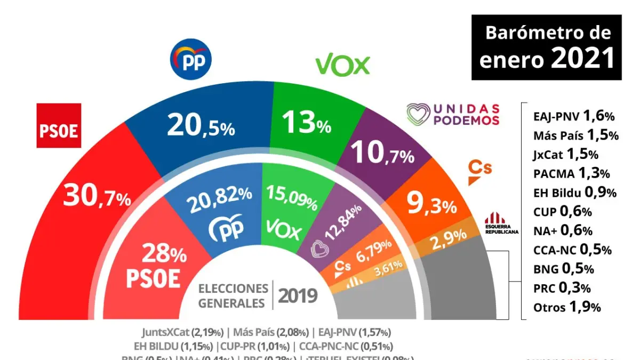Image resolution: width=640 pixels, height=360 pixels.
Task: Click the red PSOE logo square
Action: tap(59, 125)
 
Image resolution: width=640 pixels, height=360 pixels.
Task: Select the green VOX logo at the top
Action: tap(342, 66)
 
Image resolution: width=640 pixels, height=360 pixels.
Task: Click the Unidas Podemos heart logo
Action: tap(418, 114)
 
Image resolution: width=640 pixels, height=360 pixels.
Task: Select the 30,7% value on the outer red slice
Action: tap(97, 197)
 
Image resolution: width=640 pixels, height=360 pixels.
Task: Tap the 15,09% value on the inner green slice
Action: tap(292, 197)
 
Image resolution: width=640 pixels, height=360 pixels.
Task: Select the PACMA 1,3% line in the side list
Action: tap(571, 173)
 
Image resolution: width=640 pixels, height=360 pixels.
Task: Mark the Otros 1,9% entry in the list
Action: tap(567, 307)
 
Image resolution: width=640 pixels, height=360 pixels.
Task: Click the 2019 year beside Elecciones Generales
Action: tap(298, 295)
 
